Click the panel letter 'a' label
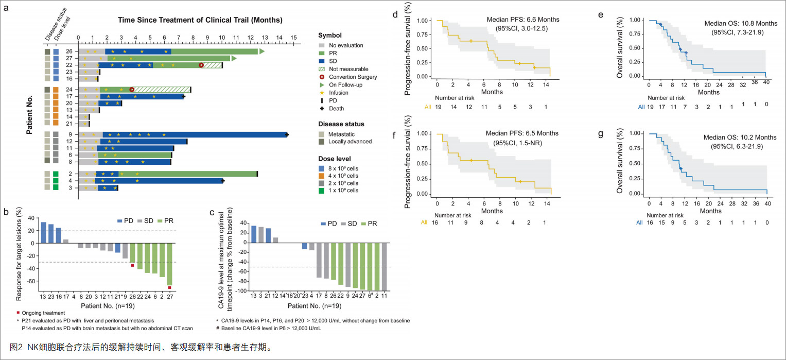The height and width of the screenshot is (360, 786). point(6,8)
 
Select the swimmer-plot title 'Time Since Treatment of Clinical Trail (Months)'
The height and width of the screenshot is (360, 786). point(200,20)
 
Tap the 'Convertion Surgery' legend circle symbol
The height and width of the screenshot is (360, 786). point(322,77)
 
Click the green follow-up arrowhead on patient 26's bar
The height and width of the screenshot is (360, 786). point(262,52)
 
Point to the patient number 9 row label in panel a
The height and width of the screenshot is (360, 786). point(70,134)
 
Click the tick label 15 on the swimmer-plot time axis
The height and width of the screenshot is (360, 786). point(294,38)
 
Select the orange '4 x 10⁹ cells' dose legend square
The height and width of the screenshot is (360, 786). point(321,176)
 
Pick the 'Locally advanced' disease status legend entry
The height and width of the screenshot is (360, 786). point(350,142)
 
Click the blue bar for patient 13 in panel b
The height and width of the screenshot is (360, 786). point(44,232)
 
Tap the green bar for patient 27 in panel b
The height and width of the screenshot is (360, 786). point(169,264)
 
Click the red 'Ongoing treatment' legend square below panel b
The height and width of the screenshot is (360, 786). point(18,312)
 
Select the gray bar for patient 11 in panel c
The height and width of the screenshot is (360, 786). point(384,267)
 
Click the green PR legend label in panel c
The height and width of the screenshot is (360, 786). point(372,224)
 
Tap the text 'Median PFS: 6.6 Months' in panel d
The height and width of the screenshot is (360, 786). point(523,20)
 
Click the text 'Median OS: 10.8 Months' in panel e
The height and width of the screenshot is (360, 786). point(741,24)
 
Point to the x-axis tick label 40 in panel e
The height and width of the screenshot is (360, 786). point(766,82)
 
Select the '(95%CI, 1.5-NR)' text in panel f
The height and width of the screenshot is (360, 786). point(518,143)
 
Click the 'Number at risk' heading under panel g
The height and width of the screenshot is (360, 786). point(665,215)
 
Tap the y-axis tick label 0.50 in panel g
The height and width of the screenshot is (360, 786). point(635,164)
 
